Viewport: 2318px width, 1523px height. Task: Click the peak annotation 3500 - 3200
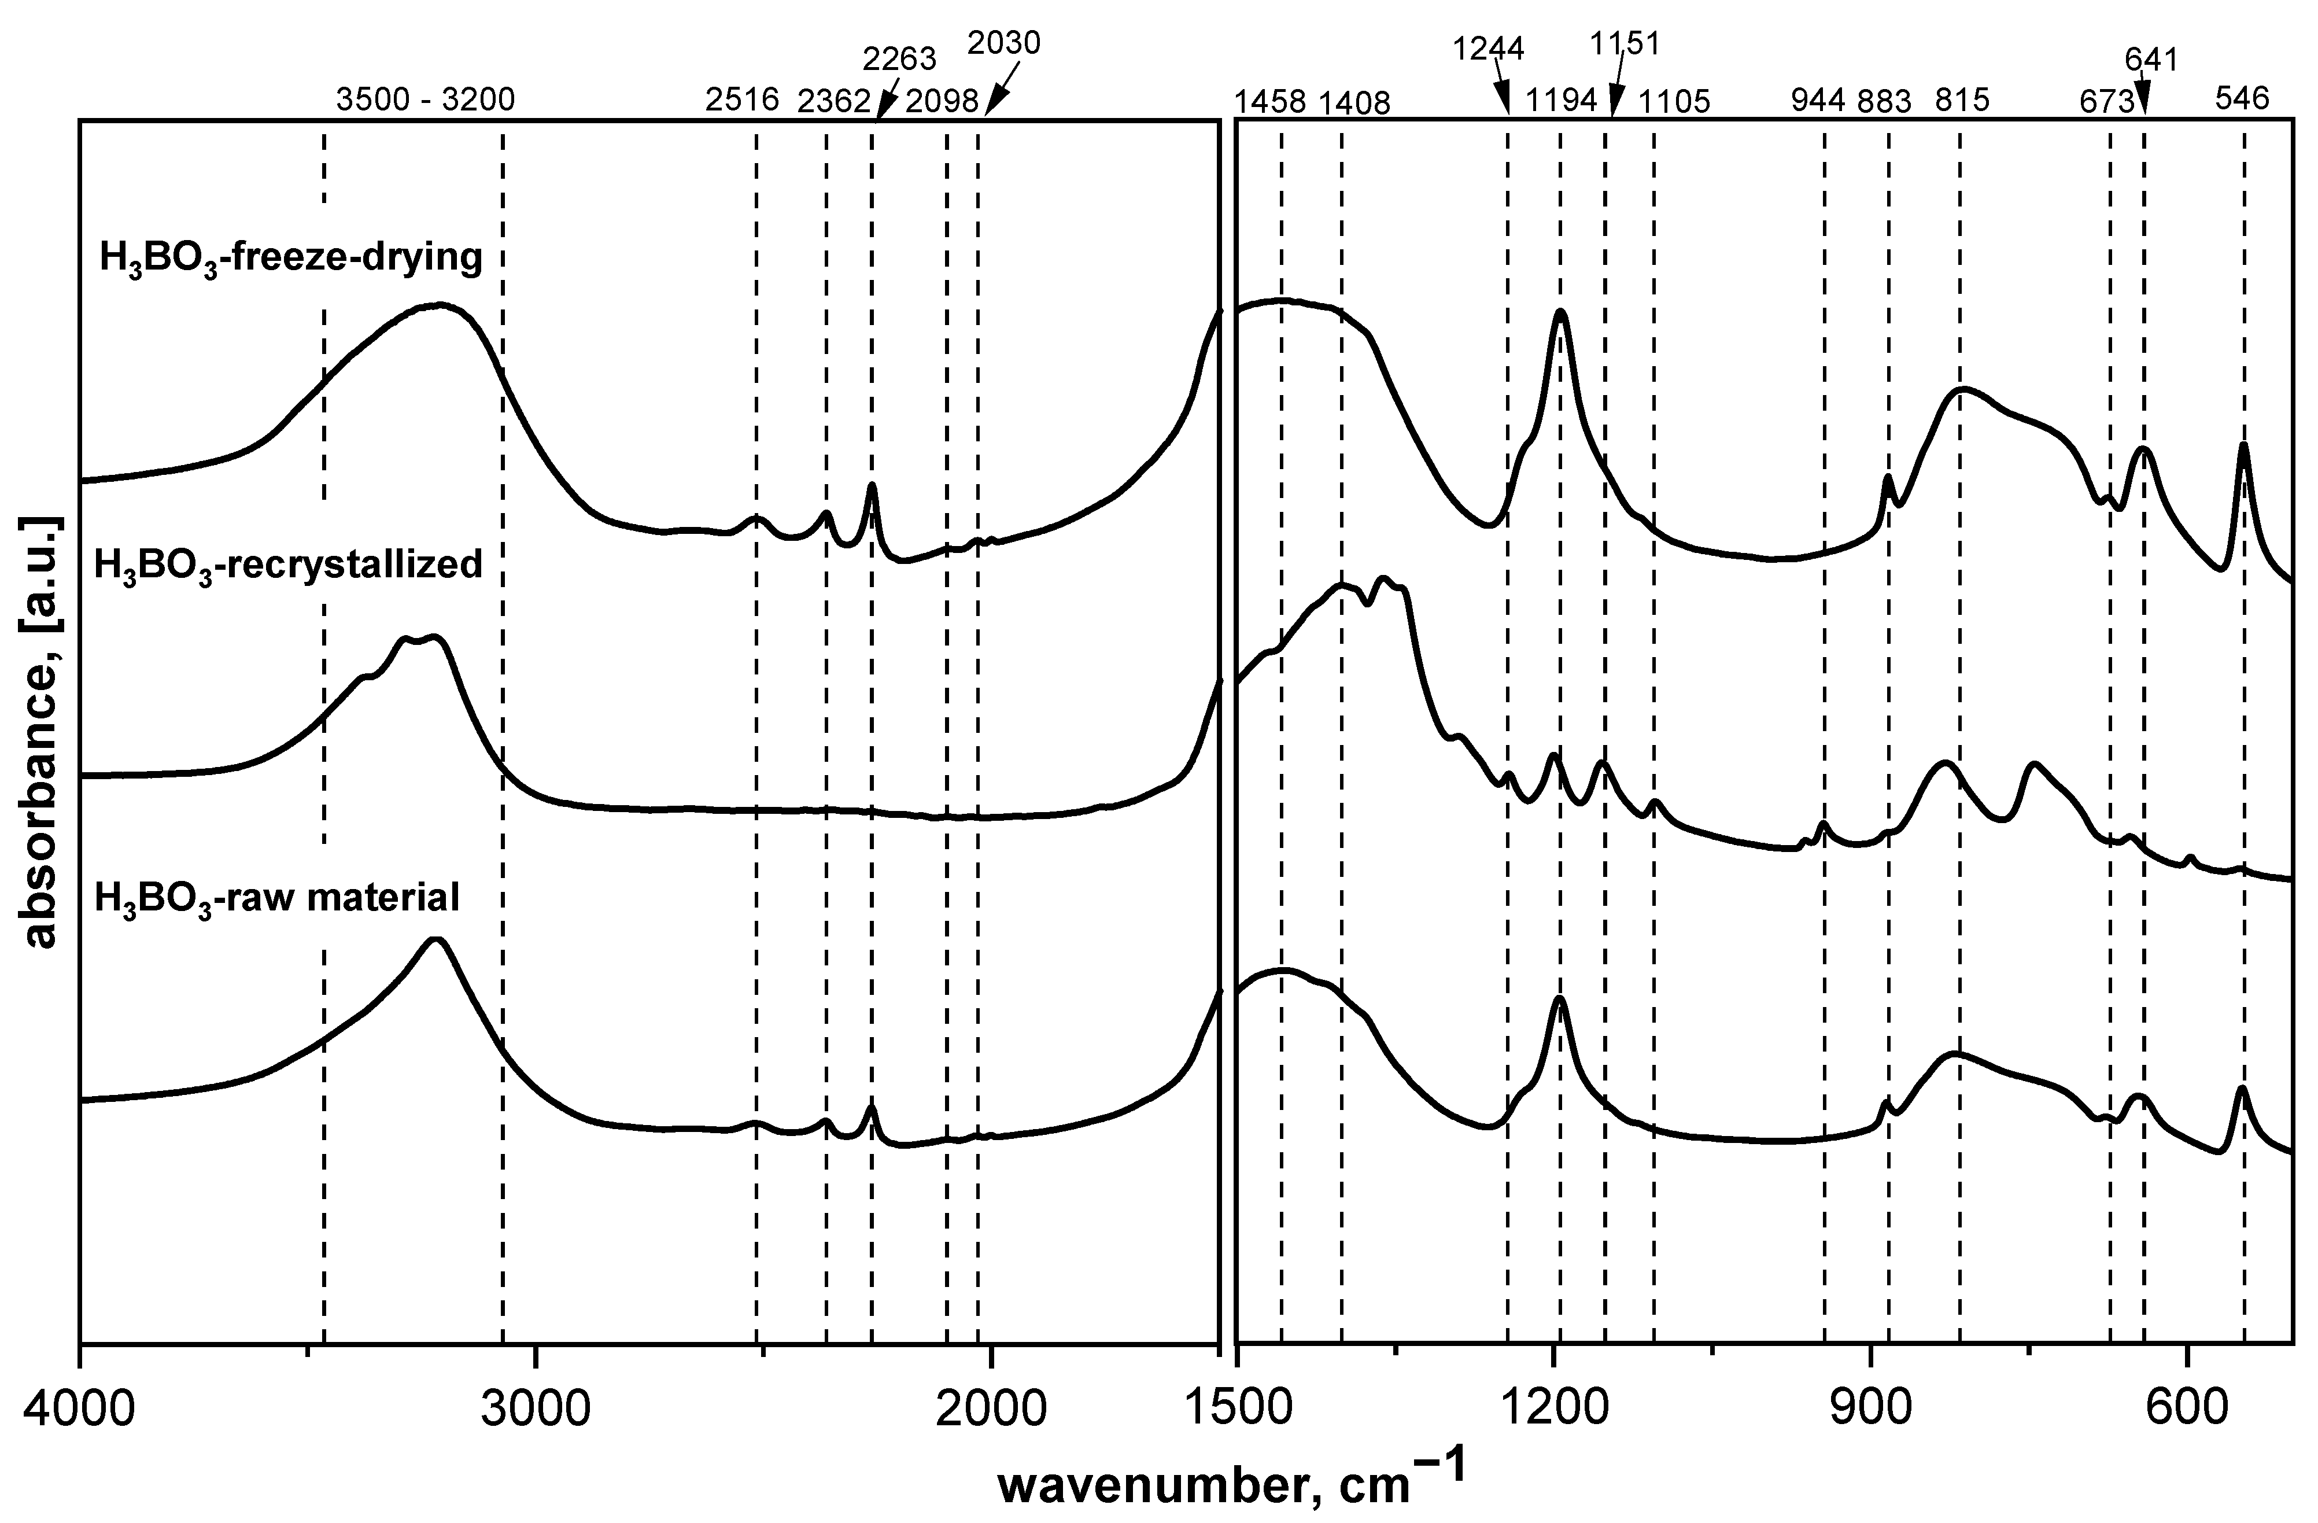(x=425, y=99)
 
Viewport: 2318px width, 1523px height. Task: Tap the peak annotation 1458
(x=1270, y=101)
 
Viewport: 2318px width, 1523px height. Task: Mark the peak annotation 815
(x=1962, y=100)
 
